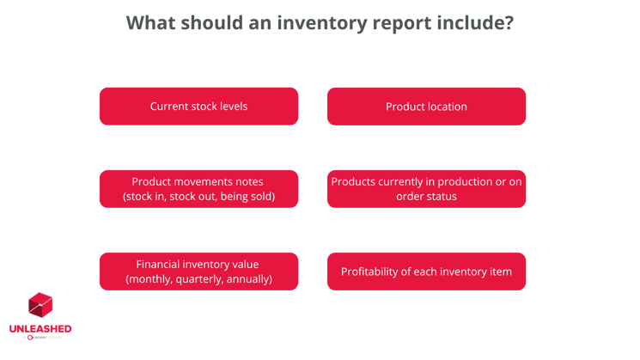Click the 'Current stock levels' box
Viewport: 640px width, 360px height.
(198, 107)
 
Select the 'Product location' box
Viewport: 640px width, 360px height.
(426, 107)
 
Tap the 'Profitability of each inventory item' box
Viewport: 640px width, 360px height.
(426, 272)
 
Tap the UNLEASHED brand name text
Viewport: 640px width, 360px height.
(40, 329)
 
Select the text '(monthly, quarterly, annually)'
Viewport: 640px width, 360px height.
(198, 279)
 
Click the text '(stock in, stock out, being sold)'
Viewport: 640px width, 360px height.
(198, 197)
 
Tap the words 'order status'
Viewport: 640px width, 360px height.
(426, 197)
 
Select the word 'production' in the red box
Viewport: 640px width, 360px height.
(460, 181)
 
